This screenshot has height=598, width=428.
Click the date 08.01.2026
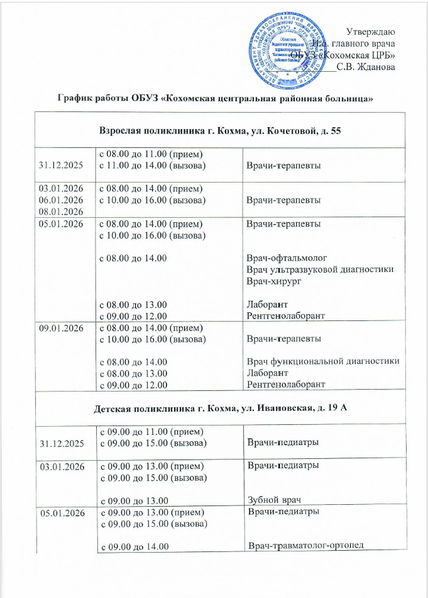[x=62, y=212]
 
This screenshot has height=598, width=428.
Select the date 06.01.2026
[x=62, y=200]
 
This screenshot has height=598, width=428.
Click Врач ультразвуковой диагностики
[x=321, y=270]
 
